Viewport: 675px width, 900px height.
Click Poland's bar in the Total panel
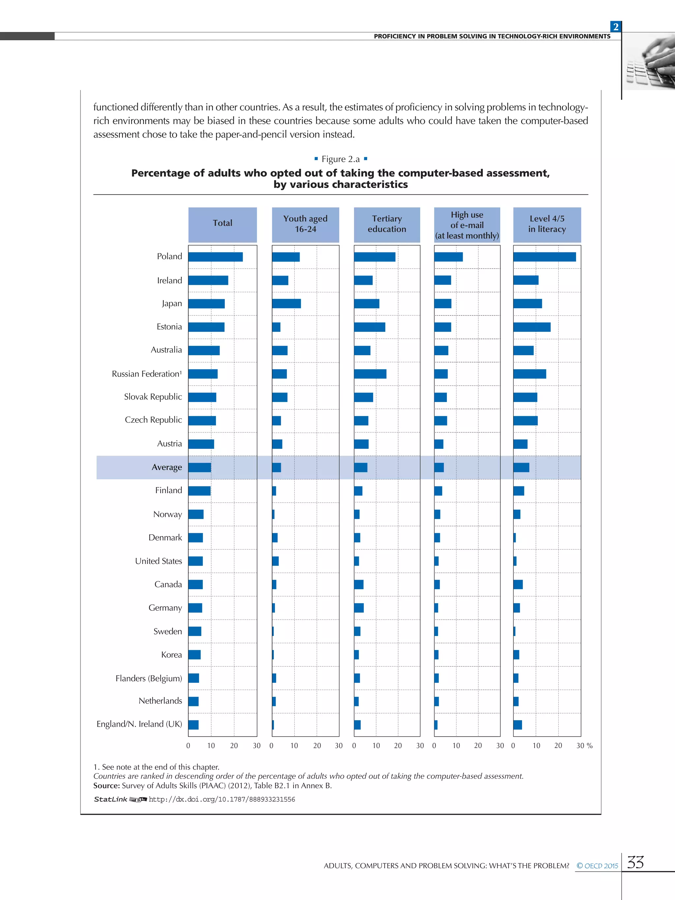215,257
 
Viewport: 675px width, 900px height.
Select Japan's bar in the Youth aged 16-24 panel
286,304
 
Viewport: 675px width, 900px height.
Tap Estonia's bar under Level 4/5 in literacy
531,327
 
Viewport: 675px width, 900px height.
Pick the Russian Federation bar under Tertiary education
370,374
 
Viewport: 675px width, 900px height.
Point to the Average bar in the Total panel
199,468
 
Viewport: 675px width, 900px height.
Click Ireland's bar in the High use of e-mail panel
442,280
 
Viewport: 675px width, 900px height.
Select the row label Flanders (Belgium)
149,678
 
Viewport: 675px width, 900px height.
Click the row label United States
158,561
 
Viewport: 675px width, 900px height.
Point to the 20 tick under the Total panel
234,746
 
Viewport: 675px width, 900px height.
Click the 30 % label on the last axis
584,746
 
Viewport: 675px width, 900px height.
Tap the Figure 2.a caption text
340,159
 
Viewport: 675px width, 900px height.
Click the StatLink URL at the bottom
222,799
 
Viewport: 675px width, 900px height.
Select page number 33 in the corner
635,862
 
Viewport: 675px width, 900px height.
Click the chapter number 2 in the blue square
616,27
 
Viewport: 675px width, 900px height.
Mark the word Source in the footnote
106,786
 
